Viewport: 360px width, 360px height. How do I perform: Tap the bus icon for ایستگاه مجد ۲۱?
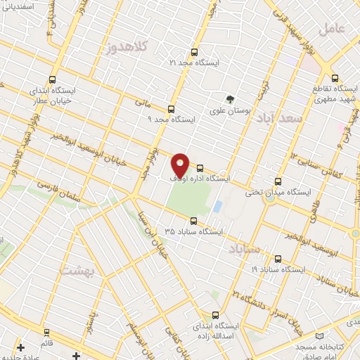[195, 52]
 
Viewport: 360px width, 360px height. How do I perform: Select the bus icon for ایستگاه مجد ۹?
[171, 109]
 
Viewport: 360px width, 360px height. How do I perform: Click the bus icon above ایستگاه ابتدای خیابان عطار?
[51, 79]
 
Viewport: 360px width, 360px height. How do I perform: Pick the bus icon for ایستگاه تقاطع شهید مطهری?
[334, 78]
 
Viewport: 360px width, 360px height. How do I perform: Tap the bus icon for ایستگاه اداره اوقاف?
[200, 168]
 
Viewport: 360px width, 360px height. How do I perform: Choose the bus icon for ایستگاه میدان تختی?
[278, 181]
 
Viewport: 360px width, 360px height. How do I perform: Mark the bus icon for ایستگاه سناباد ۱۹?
[278, 259]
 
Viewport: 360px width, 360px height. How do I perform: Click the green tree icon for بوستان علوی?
[228, 99]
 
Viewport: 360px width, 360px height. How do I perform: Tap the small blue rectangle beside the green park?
[217, 207]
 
